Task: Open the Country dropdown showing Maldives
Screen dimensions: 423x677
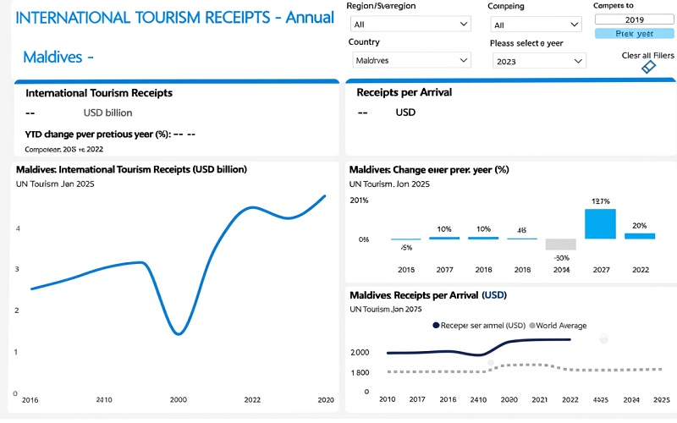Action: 411,60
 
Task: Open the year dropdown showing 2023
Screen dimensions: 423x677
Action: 539,61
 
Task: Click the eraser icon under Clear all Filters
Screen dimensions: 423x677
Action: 648,67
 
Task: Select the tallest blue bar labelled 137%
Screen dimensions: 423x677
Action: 600,224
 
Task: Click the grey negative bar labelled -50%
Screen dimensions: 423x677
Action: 560,244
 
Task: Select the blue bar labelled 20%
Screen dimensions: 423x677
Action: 639,236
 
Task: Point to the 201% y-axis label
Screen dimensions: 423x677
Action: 359,201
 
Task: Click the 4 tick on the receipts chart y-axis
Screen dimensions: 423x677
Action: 17,228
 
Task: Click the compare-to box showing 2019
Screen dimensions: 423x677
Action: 634,19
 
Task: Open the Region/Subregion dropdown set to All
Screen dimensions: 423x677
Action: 411,25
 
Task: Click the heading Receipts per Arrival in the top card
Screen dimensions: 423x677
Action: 405,92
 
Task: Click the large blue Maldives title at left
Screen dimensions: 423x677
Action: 58,58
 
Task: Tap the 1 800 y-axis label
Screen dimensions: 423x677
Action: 360,372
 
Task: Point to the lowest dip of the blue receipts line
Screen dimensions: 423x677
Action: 179,333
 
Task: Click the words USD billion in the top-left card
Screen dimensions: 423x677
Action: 107,113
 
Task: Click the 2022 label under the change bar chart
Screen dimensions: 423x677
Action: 639,270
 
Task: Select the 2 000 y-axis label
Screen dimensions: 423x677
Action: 360,353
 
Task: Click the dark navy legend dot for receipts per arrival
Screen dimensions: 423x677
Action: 436,326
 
